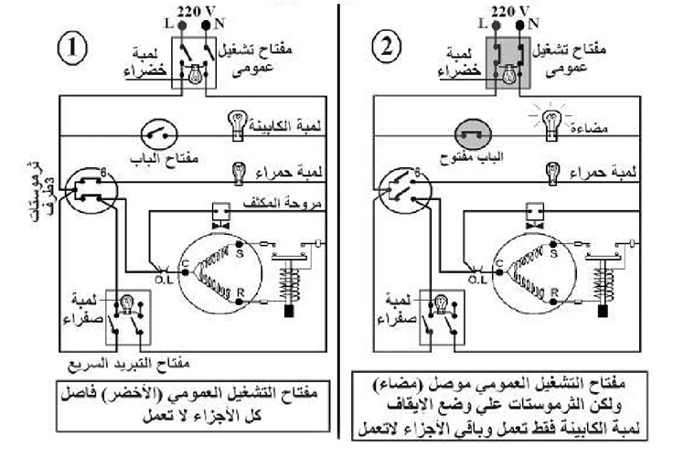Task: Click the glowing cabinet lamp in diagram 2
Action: [551, 119]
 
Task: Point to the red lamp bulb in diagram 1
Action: [239, 170]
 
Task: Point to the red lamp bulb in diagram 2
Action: [554, 170]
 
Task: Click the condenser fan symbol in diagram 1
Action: [219, 216]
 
